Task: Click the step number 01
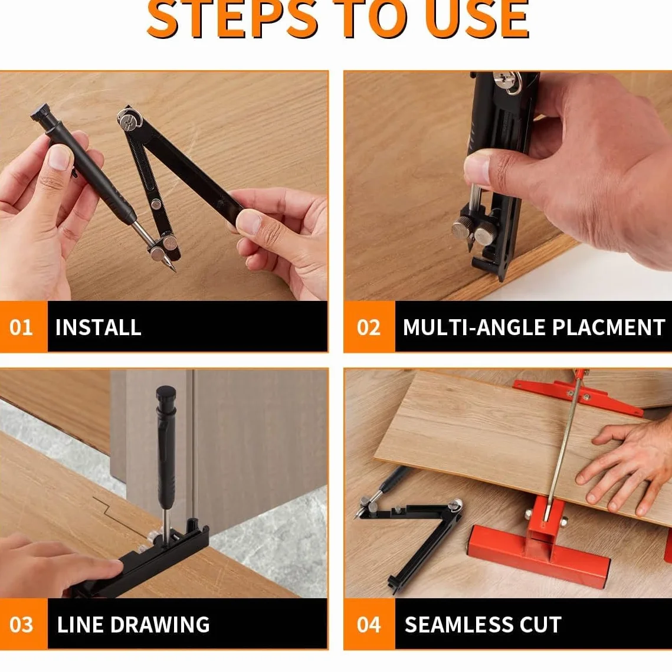click(21, 327)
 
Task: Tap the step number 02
click(369, 327)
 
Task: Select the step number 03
click(21, 625)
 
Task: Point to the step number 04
click(369, 625)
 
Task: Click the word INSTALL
click(98, 327)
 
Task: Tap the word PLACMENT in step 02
click(608, 327)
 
